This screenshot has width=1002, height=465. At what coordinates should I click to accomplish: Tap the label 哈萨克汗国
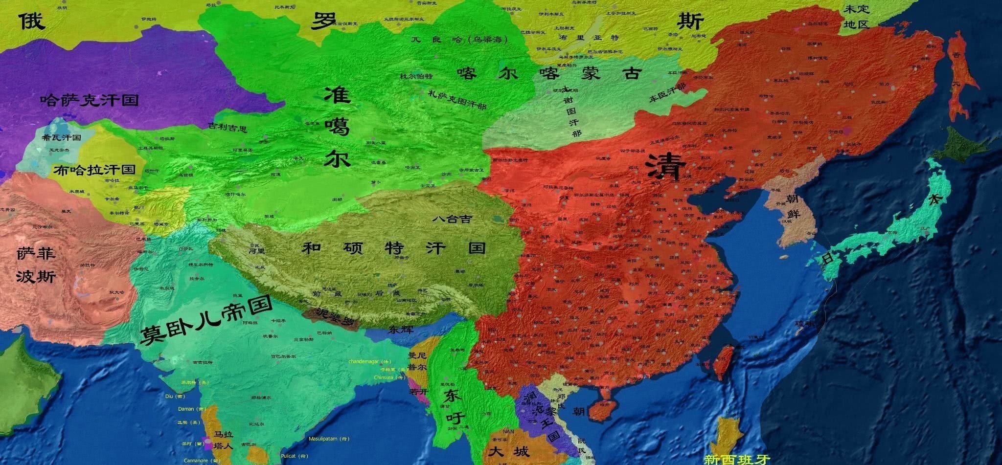pyautogui.click(x=90, y=100)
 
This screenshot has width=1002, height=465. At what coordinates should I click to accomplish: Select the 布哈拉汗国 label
pyautogui.click(x=94, y=170)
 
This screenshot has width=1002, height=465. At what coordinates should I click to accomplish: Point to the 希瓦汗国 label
pyautogui.click(x=62, y=138)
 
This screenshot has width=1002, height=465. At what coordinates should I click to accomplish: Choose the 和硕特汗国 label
pyautogui.click(x=393, y=248)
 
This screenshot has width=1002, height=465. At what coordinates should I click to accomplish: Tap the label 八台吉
pyautogui.click(x=452, y=219)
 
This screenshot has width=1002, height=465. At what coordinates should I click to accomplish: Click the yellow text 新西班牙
pyautogui.click(x=736, y=459)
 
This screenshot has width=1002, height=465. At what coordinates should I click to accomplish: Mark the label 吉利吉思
pyautogui.click(x=228, y=128)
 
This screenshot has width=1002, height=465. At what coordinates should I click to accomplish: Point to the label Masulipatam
pyautogui.click(x=329, y=439)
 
